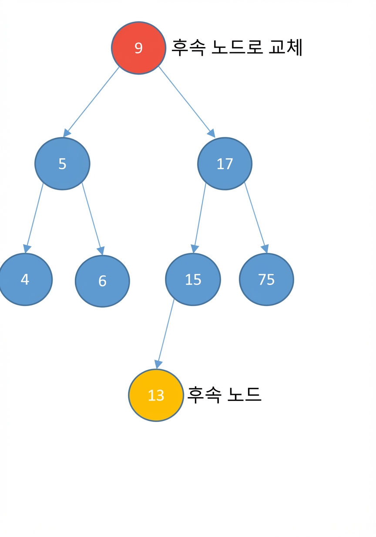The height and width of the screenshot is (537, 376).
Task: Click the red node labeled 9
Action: click(x=138, y=48)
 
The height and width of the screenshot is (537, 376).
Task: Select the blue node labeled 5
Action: click(x=63, y=164)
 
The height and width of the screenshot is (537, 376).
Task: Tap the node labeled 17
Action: click(x=225, y=164)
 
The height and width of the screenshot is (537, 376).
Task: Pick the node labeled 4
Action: click(x=25, y=279)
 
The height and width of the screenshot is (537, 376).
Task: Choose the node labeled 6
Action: click(x=102, y=281)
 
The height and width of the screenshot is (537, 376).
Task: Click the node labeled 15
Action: click(x=193, y=279)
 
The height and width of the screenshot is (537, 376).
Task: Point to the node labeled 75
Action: click(x=266, y=279)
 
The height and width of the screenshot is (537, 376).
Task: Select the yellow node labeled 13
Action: click(x=156, y=395)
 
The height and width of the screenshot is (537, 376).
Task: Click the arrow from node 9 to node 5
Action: click(x=91, y=102)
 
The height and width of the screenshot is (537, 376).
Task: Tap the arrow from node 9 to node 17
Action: click(x=187, y=102)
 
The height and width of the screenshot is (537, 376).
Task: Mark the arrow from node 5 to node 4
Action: click(x=34, y=218)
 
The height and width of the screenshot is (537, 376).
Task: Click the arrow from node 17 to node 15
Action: click(x=199, y=218)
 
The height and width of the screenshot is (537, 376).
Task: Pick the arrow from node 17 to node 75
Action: click(x=256, y=218)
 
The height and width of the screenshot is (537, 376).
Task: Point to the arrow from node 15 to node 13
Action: click(x=165, y=334)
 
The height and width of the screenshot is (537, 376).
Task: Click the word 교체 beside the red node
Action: click(x=285, y=47)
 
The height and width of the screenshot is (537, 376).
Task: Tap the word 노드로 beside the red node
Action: click(x=237, y=47)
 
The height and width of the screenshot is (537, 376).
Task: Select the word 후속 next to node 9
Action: click(x=188, y=48)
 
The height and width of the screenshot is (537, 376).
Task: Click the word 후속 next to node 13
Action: click(x=204, y=394)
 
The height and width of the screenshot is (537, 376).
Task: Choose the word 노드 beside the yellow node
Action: click(x=244, y=394)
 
